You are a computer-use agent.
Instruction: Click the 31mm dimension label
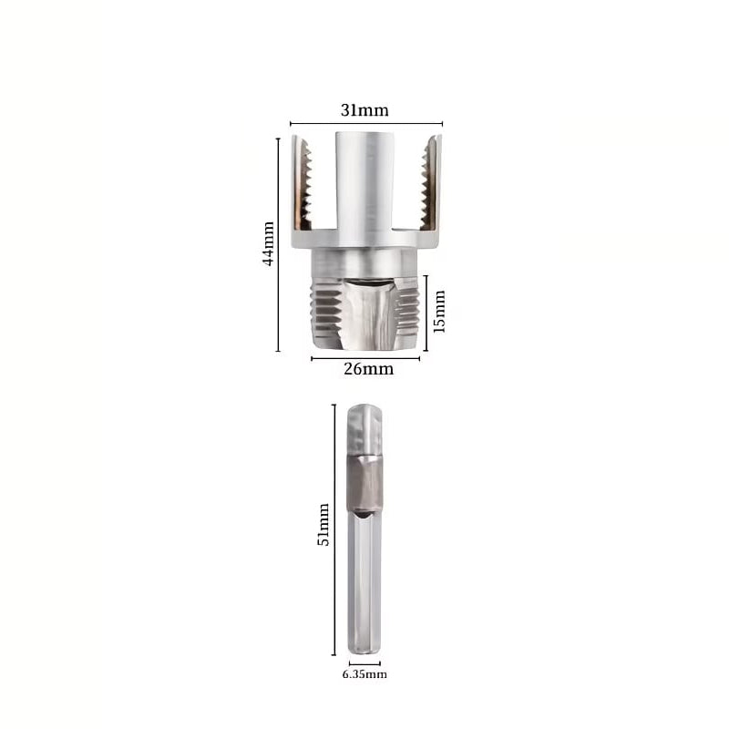coord(364,110)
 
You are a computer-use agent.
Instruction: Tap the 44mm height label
coord(268,243)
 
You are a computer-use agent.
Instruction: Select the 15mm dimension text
coord(439,312)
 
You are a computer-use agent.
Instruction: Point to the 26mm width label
coord(368,369)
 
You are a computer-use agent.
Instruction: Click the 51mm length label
coord(323,525)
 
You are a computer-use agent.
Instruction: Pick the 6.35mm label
coord(364,674)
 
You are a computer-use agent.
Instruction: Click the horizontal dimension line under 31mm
coord(366,124)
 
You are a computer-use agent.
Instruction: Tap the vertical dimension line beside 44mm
coord(278,244)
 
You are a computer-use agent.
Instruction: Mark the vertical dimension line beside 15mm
coord(426,313)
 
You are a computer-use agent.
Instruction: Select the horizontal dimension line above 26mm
coord(365,358)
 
